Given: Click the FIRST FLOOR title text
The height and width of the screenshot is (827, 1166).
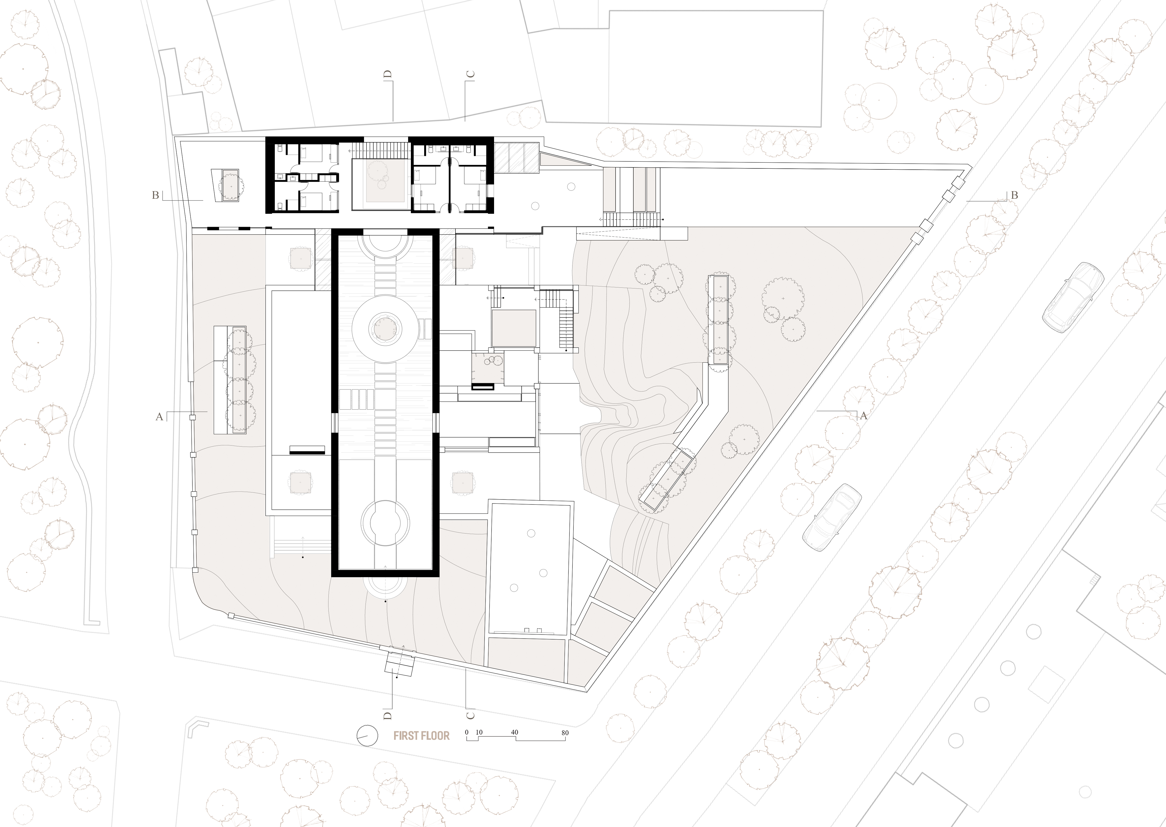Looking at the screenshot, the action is [421, 736].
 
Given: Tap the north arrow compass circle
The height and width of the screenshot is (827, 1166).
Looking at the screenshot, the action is [367, 736].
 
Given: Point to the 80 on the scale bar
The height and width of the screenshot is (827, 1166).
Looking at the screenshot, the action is [565, 733].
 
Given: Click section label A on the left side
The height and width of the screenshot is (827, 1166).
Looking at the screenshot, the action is [159, 417].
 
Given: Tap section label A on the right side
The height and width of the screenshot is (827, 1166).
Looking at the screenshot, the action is [863, 416].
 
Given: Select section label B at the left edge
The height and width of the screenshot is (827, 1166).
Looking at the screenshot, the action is [156, 195].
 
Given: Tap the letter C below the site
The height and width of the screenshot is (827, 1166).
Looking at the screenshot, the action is [470, 715].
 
